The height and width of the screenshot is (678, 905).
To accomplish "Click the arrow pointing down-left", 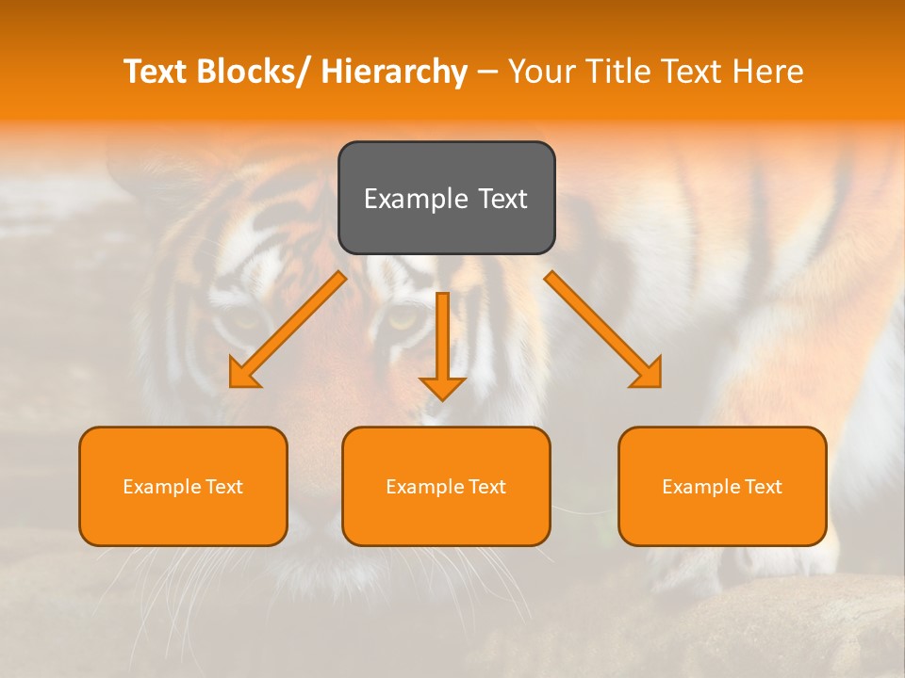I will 288,331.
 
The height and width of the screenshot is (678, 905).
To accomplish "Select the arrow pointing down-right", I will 603,330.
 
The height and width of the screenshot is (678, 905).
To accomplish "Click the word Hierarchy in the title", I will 394,72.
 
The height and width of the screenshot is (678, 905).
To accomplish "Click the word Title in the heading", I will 616,72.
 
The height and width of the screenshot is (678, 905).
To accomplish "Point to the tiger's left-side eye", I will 247,318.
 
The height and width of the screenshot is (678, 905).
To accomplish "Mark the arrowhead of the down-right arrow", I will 647,373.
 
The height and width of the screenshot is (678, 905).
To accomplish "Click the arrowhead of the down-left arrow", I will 244,373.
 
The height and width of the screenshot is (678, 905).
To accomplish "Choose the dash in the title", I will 487,73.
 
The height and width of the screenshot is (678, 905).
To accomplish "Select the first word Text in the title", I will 156,72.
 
